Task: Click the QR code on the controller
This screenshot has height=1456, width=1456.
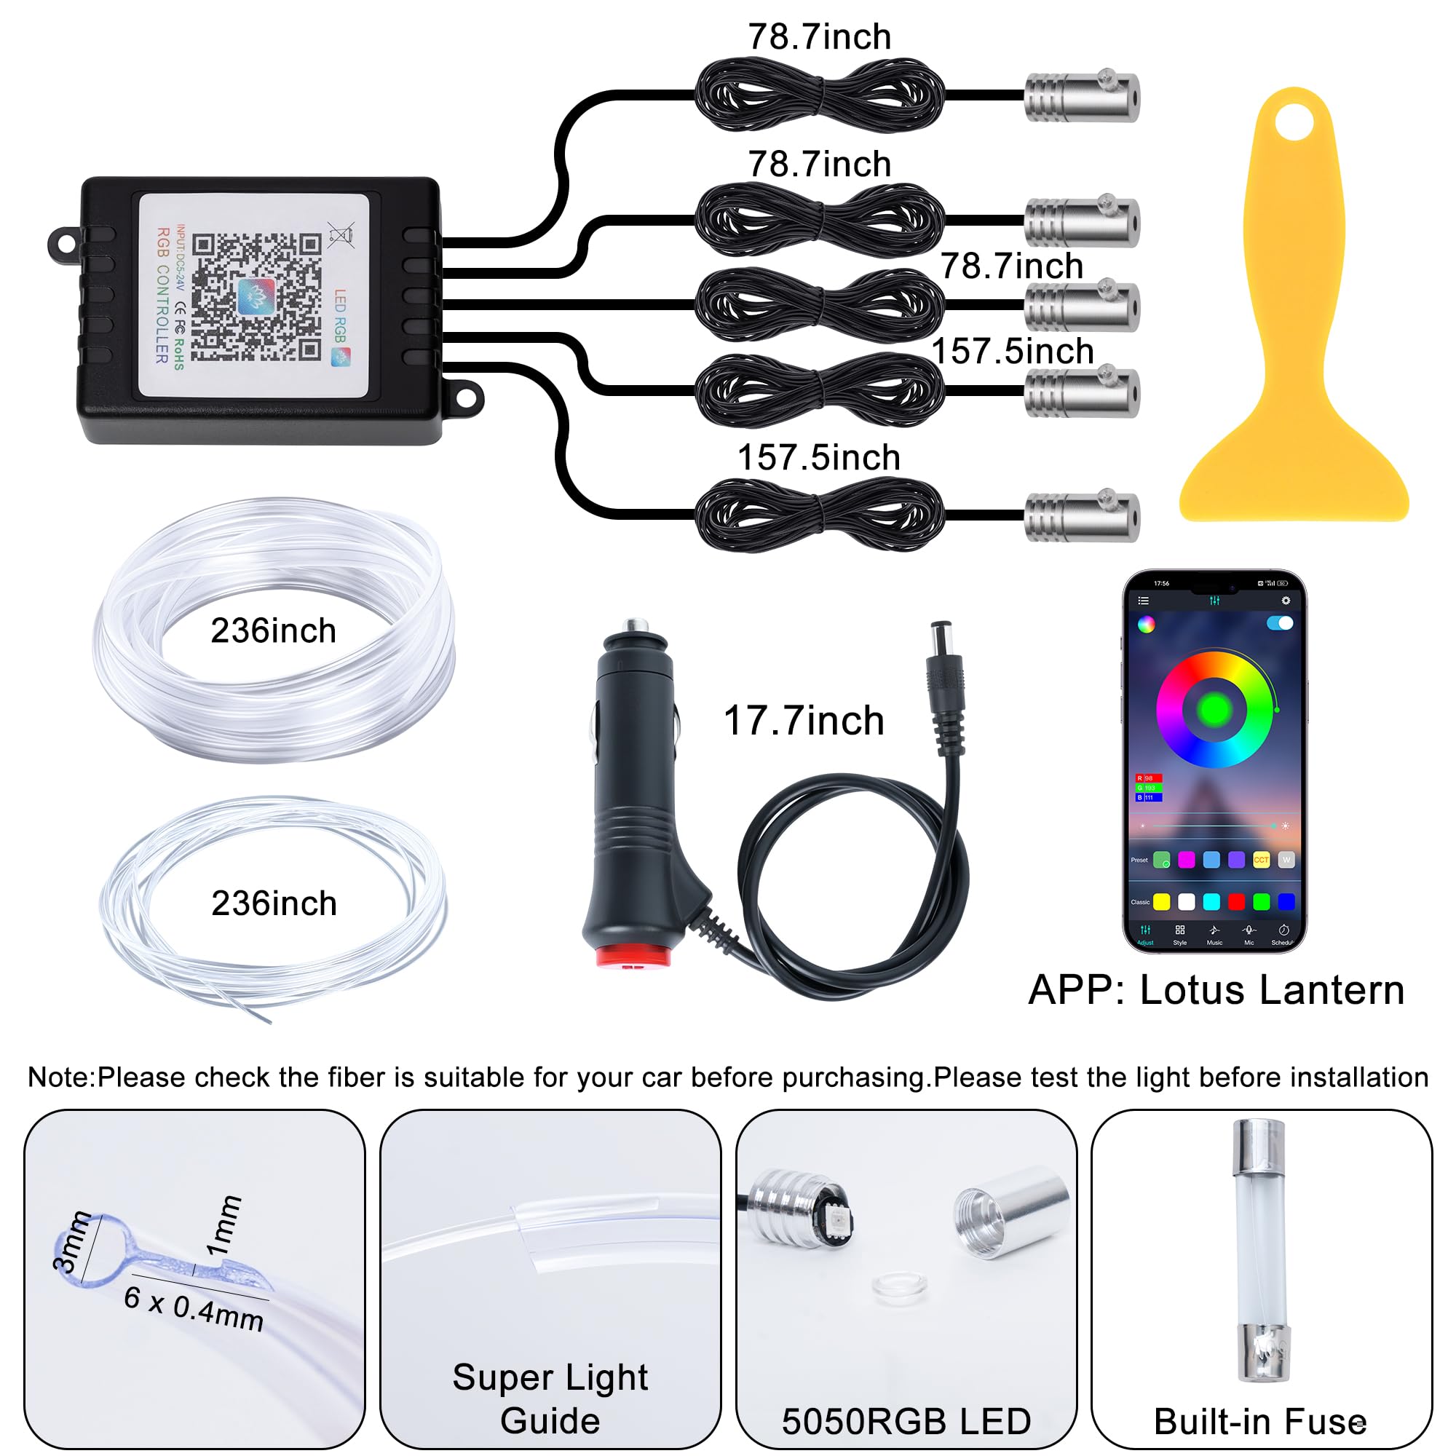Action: coord(256,297)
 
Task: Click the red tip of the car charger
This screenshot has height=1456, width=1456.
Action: coord(633,957)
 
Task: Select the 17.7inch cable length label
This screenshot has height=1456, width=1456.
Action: coord(804,721)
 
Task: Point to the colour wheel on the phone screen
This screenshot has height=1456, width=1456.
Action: coord(1214,709)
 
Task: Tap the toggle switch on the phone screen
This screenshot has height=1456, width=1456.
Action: coord(1280,623)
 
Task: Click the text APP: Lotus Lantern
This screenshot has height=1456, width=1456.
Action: coord(1216,989)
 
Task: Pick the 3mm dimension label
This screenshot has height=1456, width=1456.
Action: coord(72,1242)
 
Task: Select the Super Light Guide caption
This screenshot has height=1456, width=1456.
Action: coord(550,1398)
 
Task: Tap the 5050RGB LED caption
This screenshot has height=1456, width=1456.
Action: coord(906,1421)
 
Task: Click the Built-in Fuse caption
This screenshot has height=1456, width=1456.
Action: coord(1260,1421)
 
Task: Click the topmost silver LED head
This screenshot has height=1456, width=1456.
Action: coord(1082,98)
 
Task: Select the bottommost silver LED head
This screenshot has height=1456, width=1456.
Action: coord(1082,516)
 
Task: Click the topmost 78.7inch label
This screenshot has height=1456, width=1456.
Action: coord(819,37)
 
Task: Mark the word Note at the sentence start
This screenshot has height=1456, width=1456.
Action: coord(60,1077)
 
